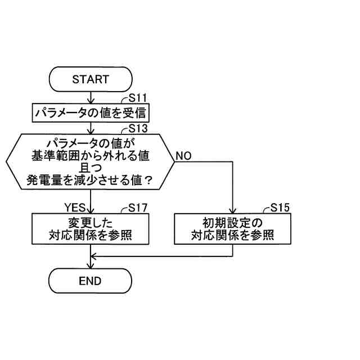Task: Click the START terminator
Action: click(91, 79)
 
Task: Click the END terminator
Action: click(91, 281)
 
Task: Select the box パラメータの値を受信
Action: click(91, 113)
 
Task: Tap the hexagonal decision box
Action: click(91, 162)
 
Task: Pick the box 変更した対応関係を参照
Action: click(91, 228)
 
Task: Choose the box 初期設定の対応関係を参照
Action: click(232, 228)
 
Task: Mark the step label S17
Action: click(138, 206)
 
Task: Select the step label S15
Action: click(280, 206)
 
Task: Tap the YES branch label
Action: click(74, 206)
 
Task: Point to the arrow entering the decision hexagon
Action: click(91, 129)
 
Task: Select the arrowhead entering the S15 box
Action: click(232, 209)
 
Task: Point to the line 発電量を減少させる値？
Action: click(91, 181)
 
